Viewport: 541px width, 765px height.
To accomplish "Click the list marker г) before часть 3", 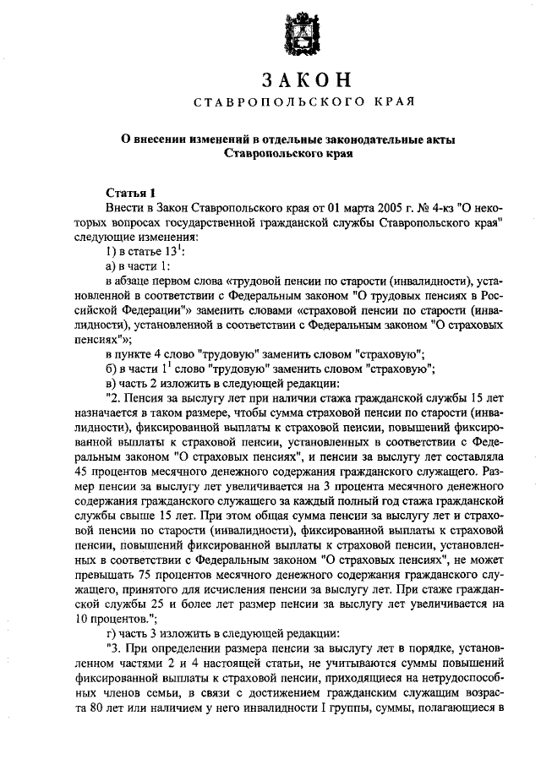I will click(110, 632).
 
